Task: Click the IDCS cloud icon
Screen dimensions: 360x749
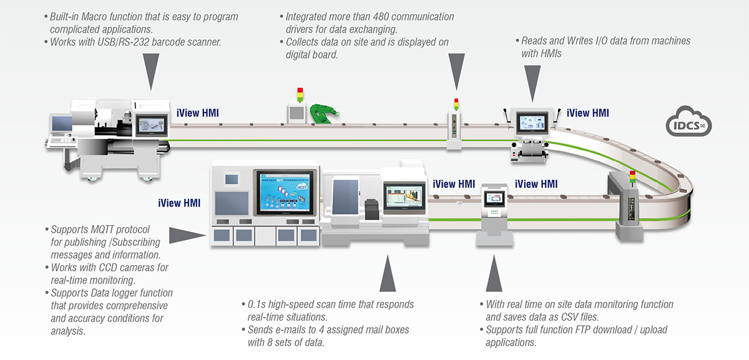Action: coord(688,122)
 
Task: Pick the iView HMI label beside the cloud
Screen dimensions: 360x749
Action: coord(587,113)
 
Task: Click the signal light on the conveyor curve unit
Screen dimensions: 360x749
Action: coord(632,178)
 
